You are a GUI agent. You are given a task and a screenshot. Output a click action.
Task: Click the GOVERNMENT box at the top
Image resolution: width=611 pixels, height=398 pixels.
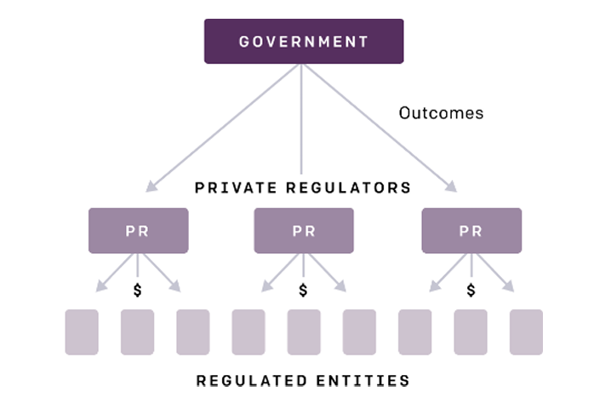(x=303, y=42)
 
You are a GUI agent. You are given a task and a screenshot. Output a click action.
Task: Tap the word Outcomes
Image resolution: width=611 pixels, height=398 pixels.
(x=441, y=112)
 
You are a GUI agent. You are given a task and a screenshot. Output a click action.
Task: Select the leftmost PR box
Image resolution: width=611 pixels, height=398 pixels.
(x=138, y=230)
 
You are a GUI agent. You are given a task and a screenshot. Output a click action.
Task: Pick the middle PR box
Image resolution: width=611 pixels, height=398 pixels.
(x=303, y=230)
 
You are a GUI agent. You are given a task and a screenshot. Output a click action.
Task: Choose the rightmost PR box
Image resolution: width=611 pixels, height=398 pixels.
(x=471, y=230)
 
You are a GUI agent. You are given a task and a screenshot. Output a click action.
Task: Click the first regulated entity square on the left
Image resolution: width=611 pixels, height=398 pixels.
(x=82, y=332)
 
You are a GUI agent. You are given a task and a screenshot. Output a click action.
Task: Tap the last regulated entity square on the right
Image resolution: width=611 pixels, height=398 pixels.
(x=526, y=332)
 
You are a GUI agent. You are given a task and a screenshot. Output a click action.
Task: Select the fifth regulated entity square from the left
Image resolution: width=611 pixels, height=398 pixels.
(x=304, y=332)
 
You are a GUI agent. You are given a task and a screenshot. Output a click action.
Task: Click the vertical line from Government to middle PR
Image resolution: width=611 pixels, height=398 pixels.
(x=303, y=119)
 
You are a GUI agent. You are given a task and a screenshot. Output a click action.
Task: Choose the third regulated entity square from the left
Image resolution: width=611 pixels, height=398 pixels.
(x=192, y=332)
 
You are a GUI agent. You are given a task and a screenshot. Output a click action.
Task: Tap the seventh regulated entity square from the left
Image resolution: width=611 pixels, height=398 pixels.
(x=415, y=332)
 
